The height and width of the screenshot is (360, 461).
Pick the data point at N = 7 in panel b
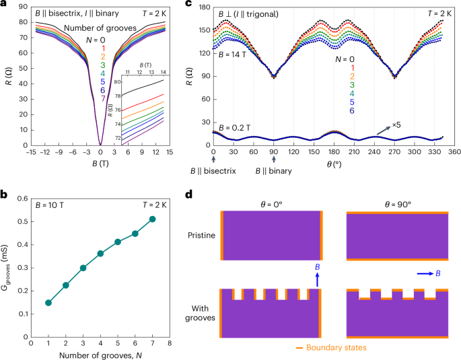pyautogui.click(x=153, y=219)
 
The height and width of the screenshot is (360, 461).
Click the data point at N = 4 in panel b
pyautogui.click(x=101, y=253)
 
